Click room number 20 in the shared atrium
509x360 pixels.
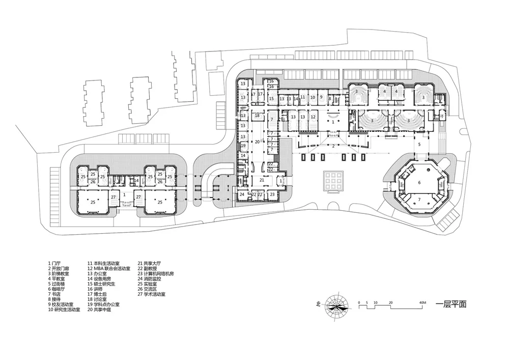pyautogui.click(x=258, y=142)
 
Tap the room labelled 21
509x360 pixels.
pyautogui.click(x=262, y=180)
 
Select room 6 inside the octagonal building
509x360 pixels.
pyautogui.click(x=419, y=182)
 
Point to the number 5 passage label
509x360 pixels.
pyautogui.click(x=419, y=145)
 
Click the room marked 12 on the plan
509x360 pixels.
pyautogui.click(x=314, y=117)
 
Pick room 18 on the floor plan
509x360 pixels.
pyautogui.click(x=258, y=116)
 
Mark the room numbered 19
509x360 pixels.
pyautogui.click(x=243, y=146)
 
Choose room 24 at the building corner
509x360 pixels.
pyautogui.click(x=242, y=194)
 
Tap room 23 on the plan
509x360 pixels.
pyautogui.click(x=273, y=194)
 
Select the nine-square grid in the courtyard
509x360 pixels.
pyautogui.click(x=331, y=180)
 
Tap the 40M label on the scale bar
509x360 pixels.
pyautogui.click(x=422, y=303)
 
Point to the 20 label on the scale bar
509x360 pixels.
pyautogui.click(x=391, y=303)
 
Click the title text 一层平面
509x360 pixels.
pyautogui.click(x=450, y=305)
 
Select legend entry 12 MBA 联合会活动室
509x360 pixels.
pyautogui.click(x=109, y=268)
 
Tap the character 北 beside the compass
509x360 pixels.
pyautogui.click(x=318, y=305)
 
